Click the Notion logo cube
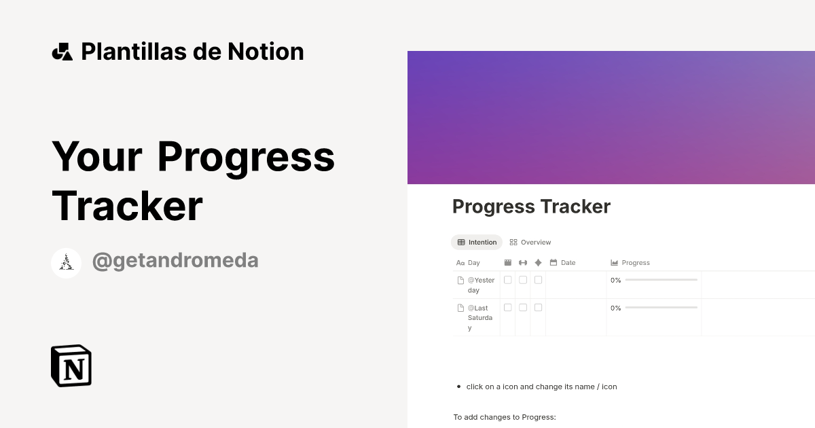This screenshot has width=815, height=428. tap(71, 365)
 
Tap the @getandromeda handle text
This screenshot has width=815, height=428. tap(175, 261)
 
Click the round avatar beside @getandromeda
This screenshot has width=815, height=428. tap(67, 263)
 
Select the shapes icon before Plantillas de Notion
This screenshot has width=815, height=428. tap(62, 52)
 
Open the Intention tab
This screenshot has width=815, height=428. tap(477, 243)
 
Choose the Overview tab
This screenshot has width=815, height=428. tap(530, 243)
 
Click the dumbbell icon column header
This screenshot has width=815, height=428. tap(523, 263)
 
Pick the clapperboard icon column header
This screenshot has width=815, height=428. tap(508, 263)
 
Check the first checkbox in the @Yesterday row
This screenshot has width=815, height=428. tap(508, 280)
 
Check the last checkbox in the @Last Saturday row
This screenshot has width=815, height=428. tap(538, 308)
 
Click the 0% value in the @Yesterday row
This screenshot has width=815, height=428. tap(615, 280)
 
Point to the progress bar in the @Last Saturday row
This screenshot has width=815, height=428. tap(661, 308)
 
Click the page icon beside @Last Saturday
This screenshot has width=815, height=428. tap(460, 308)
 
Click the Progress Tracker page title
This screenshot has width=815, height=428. tap(531, 207)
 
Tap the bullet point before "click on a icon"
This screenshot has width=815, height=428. tap(458, 387)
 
